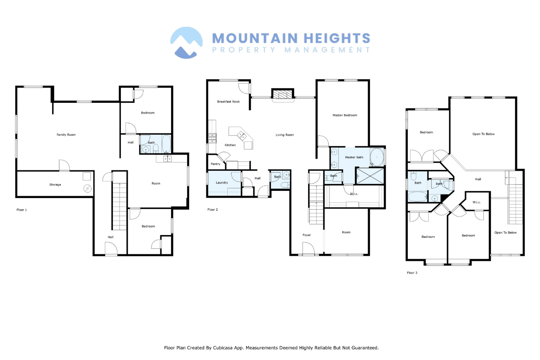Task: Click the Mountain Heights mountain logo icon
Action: [186, 43]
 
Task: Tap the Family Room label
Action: [66, 135]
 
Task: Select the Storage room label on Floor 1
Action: [55, 185]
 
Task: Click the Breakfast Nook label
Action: [228, 102]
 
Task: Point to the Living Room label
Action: [285, 135]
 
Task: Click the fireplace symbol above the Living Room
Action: [283, 94]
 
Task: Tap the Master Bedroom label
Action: [345, 115]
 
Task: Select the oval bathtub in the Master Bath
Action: [376, 157]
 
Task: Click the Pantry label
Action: [215, 164]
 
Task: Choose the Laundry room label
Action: [222, 182]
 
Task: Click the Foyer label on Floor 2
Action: [307, 235]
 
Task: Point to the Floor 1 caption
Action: [22, 210]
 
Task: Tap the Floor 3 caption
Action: [412, 273]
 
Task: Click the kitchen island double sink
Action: [242, 136]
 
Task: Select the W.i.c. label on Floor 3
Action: [477, 202]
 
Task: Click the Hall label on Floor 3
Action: [478, 179]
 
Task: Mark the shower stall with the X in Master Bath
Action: [370, 176]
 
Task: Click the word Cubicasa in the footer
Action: [222, 348]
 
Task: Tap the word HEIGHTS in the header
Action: [337, 38]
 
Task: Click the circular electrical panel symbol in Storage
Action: [87, 188]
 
